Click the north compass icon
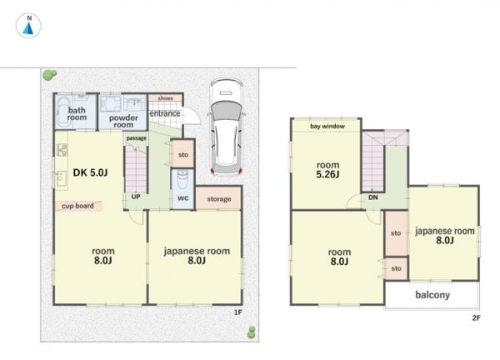point(28,26)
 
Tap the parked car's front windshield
point(226,111)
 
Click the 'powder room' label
point(123,121)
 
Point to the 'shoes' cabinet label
point(166,98)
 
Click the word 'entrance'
point(165,113)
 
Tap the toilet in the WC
point(182,180)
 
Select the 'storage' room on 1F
point(218,198)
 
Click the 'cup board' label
point(77,206)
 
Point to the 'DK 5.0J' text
point(90,172)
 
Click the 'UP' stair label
point(136,197)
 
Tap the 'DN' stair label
point(373,197)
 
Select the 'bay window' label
point(327,127)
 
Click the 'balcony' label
point(432,295)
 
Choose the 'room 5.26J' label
point(327,170)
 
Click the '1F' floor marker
point(238,312)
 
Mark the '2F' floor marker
point(477,317)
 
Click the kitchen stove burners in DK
point(62,150)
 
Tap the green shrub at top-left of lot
point(50,75)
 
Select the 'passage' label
point(137,138)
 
